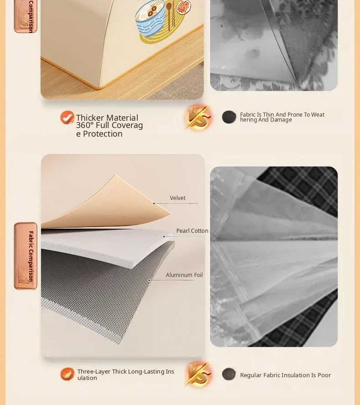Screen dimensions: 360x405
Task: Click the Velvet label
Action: [178, 198]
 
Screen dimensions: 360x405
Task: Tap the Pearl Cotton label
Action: [192, 231]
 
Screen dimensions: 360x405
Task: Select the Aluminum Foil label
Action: [184, 275]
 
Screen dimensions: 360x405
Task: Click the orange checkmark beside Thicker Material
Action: [67, 118]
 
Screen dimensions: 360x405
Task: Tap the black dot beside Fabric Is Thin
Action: [229, 117]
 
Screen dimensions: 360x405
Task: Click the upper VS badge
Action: [199, 118]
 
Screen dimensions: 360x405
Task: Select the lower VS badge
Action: [199, 374]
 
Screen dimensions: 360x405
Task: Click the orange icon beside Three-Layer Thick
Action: [67, 374]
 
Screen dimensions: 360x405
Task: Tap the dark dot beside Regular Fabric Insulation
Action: [229, 374]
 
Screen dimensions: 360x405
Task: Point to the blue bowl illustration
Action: [150, 21]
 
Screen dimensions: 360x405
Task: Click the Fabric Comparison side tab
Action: [26, 256]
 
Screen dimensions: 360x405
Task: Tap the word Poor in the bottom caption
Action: [324, 375]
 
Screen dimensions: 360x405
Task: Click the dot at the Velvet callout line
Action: [154, 204]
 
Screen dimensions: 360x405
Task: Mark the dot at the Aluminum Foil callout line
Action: [149, 280]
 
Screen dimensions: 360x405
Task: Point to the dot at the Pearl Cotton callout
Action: [164, 236]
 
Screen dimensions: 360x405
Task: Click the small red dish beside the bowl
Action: [184, 6]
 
